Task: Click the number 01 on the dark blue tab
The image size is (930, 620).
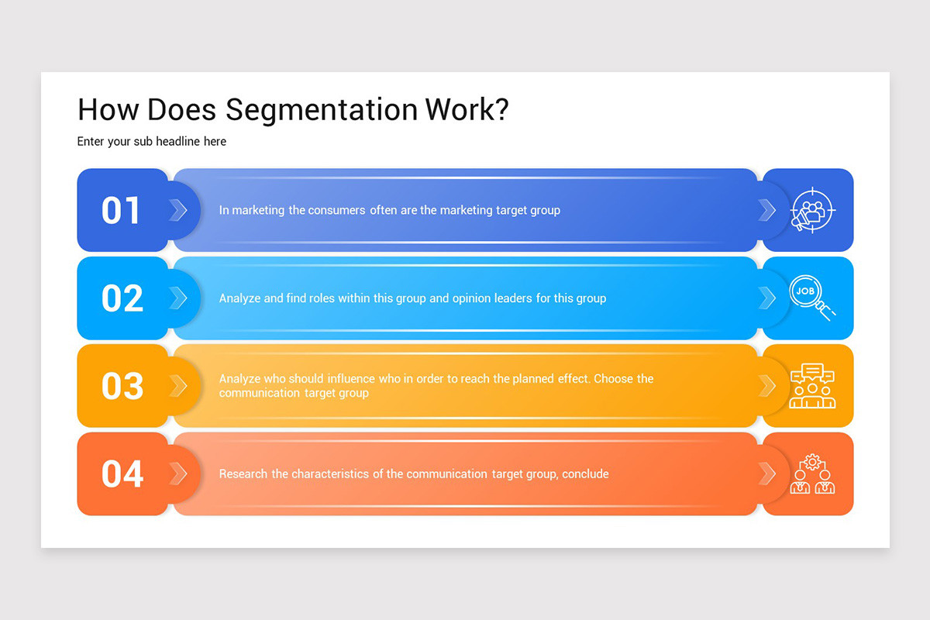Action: point(122,211)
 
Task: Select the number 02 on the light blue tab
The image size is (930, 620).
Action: point(122,298)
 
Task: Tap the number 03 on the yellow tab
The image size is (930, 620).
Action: point(122,386)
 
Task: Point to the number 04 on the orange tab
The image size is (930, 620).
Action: point(122,474)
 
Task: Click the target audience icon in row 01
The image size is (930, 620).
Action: point(811,210)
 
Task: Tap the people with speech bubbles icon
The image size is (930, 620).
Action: point(811,386)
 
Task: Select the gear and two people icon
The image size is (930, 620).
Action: point(811,474)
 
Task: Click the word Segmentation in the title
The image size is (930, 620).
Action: point(321,110)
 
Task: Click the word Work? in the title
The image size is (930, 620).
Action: point(467,110)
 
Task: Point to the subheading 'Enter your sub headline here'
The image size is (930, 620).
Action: point(152,142)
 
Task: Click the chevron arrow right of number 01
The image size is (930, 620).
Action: point(178,210)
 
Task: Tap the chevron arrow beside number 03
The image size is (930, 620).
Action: point(178,386)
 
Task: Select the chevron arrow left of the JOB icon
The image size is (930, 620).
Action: point(766,298)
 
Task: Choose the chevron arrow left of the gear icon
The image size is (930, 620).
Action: point(766,474)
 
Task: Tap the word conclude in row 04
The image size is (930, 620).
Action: point(587,474)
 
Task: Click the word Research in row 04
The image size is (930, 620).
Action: point(243,474)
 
